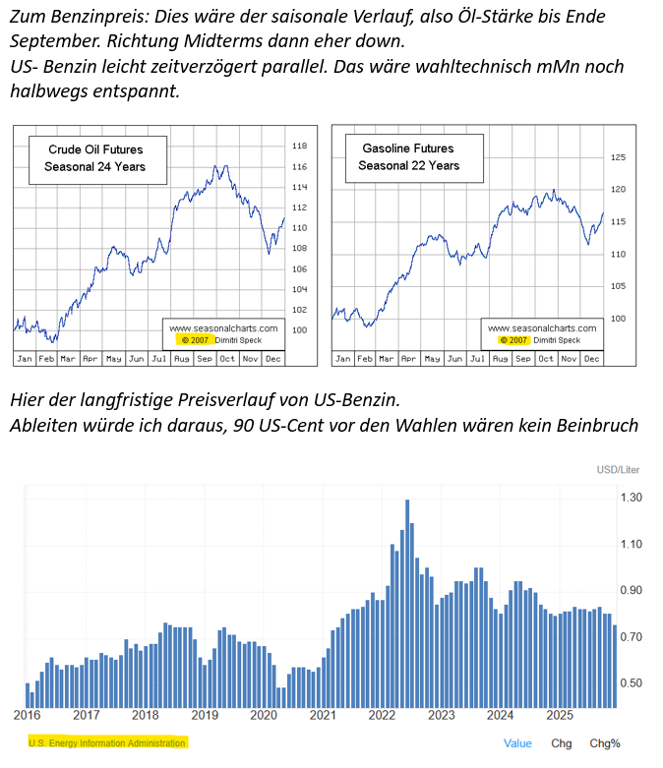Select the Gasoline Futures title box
pos(408,157)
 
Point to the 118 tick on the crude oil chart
pos(300,147)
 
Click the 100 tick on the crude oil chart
pos(300,330)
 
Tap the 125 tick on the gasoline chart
pos(619,157)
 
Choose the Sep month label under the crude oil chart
pos(204,358)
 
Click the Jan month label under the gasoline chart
pos(343,358)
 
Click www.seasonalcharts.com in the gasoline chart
pos(541,328)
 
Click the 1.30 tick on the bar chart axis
pos(631,499)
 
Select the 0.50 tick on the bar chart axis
pos(631,683)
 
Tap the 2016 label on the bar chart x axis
pos(27,715)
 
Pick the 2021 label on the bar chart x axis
pos(323,715)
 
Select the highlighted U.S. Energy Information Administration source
pos(107,742)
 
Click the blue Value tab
pos(517,743)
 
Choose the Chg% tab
pos(605,743)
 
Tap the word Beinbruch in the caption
pos(592,426)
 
